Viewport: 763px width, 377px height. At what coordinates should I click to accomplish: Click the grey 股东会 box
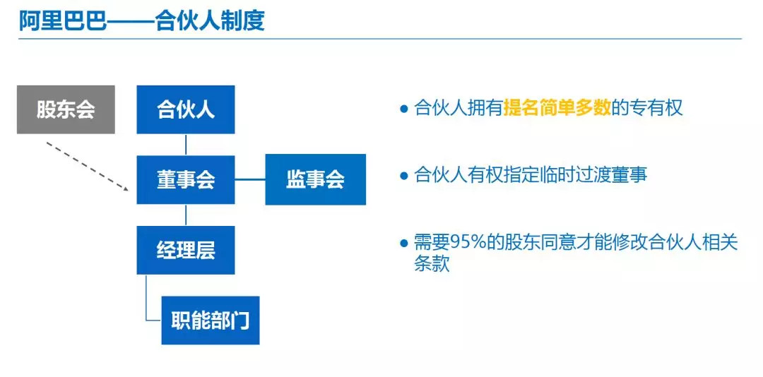pyautogui.click(x=66, y=109)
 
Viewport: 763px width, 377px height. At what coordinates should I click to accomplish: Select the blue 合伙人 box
pyautogui.click(x=185, y=109)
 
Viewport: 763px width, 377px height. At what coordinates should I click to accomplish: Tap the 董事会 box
pyautogui.click(x=185, y=180)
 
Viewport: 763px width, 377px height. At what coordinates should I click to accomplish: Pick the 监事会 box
pyautogui.click(x=315, y=179)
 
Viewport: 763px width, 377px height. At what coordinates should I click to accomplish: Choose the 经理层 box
pyautogui.click(x=185, y=250)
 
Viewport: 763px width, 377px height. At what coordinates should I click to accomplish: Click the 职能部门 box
pyautogui.click(x=211, y=320)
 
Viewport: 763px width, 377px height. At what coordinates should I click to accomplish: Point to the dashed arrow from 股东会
pyautogui.click(x=88, y=166)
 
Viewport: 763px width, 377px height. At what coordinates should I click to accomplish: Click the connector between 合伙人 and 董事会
pyautogui.click(x=186, y=145)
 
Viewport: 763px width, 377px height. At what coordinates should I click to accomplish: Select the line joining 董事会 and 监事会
pyautogui.click(x=250, y=179)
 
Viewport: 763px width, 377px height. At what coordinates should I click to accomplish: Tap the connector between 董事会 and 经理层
pyautogui.click(x=186, y=215)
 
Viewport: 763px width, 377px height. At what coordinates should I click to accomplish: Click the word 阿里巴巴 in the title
pyautogui.click(x=62, y=21)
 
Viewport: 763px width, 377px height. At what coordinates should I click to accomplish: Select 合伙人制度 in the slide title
pyautogui.click(x=211, y=21)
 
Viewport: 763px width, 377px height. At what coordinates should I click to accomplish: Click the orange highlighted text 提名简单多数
pyautogui.click(x=557, y=108)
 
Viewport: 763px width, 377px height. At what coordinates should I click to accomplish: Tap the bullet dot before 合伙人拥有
pyautogui.click(x=403, y=109)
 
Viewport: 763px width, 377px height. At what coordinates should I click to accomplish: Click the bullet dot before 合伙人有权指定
pyautogui.click(x=403, y=175)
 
